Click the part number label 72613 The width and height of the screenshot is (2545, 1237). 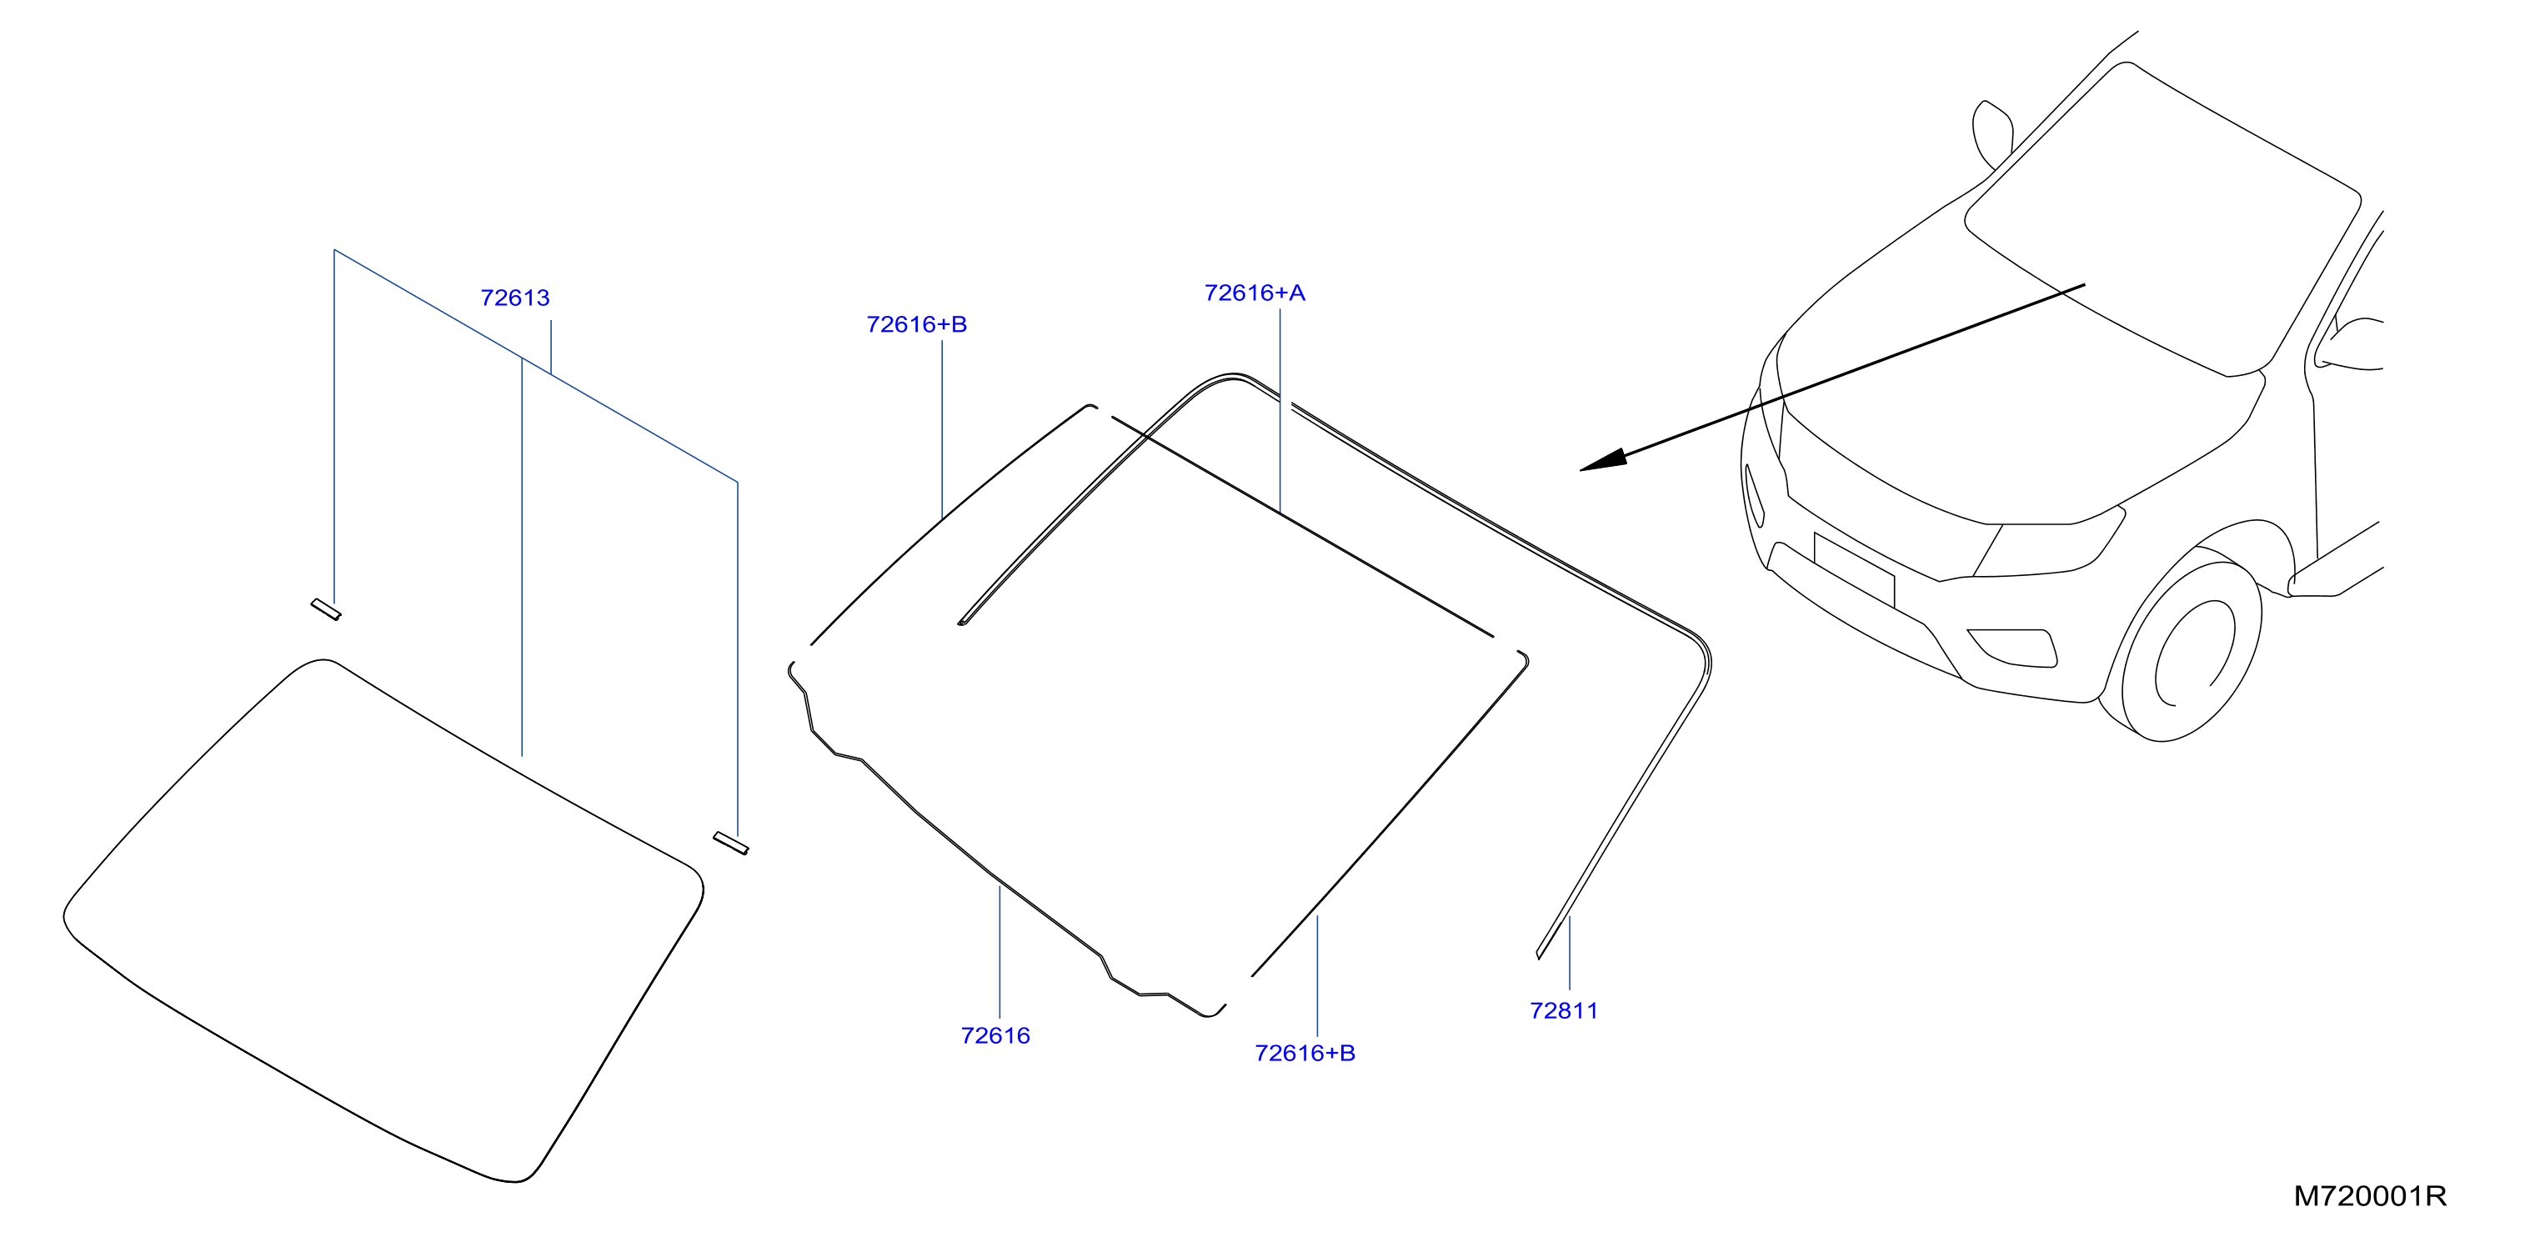coord(514,298)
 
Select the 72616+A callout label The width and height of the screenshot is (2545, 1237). coord(1255,293)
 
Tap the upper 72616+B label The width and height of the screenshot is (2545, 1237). coord(917,324)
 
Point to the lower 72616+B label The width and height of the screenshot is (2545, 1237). coord(1305,1054)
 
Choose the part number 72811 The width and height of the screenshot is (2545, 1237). coord(1564,1011)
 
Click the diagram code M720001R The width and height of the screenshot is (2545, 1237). coord(2370,1196)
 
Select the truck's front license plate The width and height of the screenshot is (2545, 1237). coord(1855,569)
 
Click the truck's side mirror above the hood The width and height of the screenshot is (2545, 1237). coord(1992,134)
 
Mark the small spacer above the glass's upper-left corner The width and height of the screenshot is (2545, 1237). coord(326,609)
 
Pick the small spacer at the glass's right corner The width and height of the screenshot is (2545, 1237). coord(731,843)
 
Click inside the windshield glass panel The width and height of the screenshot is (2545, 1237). coord(385,919)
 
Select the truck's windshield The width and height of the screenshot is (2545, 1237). coord(2164,218)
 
